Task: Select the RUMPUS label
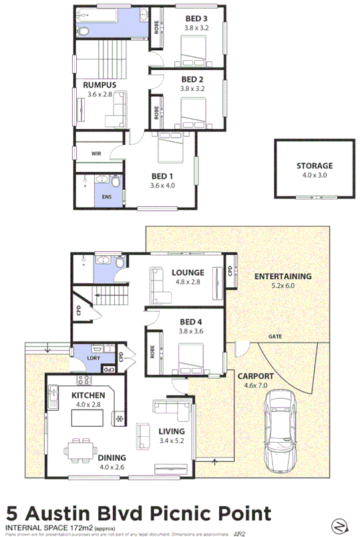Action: tap(100, 85)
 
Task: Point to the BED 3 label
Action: tap(196, 19)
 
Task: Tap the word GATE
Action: tap(274, 336)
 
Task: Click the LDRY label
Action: tap(93, 358)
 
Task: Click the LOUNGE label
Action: tap(187, 273)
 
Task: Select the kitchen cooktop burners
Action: tap(84, 381)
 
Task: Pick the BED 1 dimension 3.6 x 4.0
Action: tap(162, 186)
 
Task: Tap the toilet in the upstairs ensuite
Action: tap(116, 181)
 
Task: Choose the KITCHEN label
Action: tap(89, 396)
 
